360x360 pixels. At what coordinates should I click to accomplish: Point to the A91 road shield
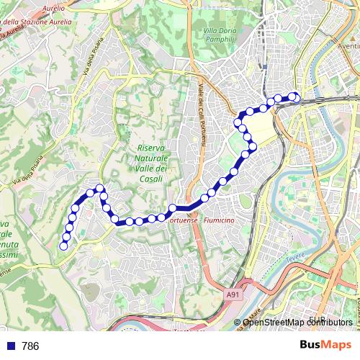(x=232, y=294)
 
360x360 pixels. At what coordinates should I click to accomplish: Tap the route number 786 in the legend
(x=30, y=346)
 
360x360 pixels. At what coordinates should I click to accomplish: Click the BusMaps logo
(x=325, y=345)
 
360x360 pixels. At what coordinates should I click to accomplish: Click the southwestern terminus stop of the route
(x=63, y=246)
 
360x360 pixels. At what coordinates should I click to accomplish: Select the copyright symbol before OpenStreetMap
(x=238, y=323)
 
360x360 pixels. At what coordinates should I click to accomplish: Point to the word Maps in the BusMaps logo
(x=337, y=345)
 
